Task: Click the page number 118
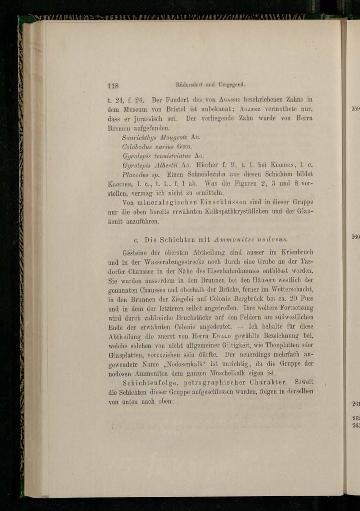113,86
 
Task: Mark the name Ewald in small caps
220,336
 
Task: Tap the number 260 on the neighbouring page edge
356,236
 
